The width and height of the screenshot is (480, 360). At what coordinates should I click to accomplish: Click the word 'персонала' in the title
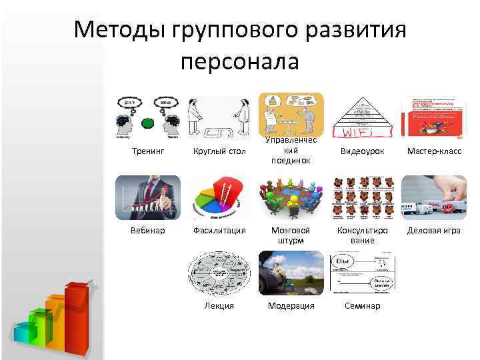pos(240,61)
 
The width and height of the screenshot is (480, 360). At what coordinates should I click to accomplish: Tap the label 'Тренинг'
pos(147,152)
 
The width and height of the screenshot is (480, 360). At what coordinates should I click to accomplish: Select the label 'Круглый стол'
pos(219,152)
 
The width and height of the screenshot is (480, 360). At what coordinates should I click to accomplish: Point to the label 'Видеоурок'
pos(362,152)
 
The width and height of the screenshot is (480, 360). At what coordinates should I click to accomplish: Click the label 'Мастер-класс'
pos(434,152)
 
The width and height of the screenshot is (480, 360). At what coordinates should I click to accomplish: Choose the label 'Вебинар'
pos(147,231)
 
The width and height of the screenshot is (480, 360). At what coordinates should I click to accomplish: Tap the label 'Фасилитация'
pos(219,231)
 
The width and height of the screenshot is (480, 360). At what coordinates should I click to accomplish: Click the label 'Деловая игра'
pos(434,231)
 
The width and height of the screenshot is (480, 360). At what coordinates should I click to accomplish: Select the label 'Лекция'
pos(219,306)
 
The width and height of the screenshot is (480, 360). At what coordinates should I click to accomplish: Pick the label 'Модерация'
pos(291,306)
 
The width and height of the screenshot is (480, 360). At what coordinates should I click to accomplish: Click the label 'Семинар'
pos(362,306)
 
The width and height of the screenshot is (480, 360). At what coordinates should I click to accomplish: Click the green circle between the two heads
pos(148,123)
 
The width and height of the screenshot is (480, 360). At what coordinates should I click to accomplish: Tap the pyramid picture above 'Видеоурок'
pos(362,117)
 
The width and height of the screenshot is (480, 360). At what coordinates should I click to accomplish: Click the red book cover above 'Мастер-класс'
pos(434,117)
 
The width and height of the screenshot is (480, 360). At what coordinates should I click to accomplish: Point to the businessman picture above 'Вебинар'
pos(147,197)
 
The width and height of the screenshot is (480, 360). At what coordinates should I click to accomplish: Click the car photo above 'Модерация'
pos(291,273)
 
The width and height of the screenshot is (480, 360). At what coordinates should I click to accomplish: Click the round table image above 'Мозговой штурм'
pos(291,197)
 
